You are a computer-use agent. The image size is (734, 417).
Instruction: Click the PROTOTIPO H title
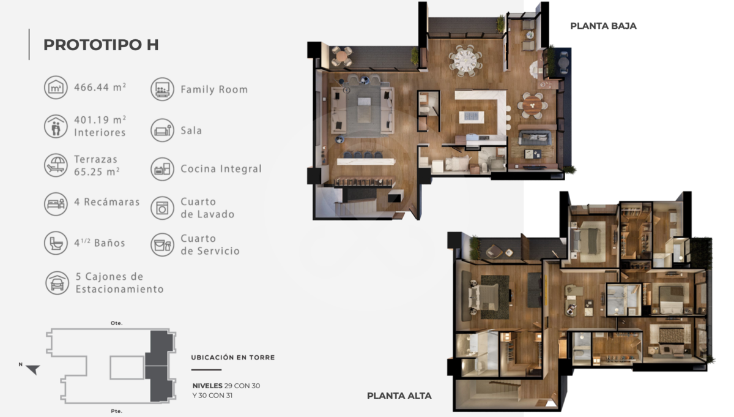click(101, 45)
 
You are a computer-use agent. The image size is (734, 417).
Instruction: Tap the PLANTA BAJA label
click(603, 26)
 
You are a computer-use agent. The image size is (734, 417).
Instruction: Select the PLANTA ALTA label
click(399, 396)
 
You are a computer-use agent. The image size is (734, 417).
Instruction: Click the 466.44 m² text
click(100, 87)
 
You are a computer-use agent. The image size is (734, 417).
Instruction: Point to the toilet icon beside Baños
click(56, 243)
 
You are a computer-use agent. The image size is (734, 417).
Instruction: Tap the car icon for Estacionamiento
click(57, 283)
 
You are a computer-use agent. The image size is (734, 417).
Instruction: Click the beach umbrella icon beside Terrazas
click(56, 165)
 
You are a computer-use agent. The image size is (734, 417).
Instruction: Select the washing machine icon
click(162, 208)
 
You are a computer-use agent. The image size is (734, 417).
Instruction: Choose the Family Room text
click(214, 89)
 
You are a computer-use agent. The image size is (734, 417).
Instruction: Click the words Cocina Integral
click(221, 168)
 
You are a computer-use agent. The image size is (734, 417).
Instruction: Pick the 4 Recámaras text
click(107, 202)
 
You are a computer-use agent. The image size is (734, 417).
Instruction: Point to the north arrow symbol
click(33, 369)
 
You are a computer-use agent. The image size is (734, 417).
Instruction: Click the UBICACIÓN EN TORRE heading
click(233, 357)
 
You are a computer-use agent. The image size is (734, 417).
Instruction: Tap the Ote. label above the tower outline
click(117, 323)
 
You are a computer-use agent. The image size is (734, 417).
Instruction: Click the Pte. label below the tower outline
click(117, 411)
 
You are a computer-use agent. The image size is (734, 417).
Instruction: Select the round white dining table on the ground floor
click(465, 61)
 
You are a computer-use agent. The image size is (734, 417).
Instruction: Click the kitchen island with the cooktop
click(472, 117)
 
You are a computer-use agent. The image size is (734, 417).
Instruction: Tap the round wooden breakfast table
click(532, 105)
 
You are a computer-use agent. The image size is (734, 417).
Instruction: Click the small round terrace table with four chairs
click(341, 56)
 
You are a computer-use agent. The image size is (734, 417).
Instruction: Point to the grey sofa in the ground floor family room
click(534, 138)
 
